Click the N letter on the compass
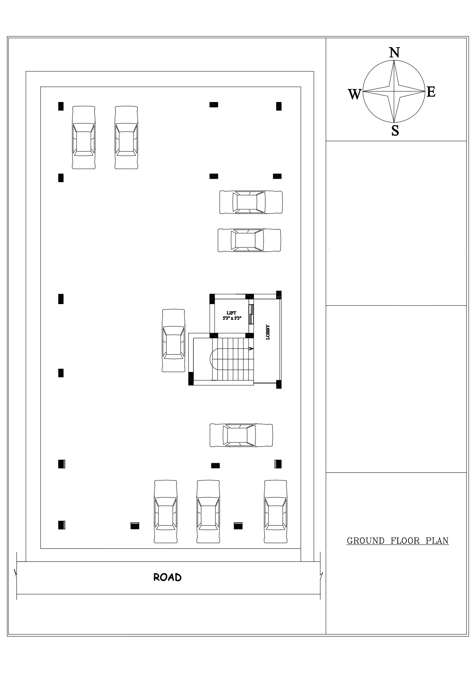click(x=395, y=53)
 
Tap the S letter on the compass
click(x=395, y=131)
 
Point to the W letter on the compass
click(x=355, y=94)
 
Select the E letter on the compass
click(x=431, y=92)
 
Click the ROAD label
click(x=167, y=578)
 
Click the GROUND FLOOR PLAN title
click(x=397, y=541)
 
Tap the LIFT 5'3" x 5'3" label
click(x=232, y=316)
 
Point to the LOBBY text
click(x=268, y=332)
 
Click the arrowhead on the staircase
click(x=251, y=349)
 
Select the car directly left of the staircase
click(x=173, y=341)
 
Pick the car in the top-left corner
click(x=84, y=138)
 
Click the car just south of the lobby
click(x=241, y=435)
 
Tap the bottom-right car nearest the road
click(x=275, y=512)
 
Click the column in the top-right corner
click(x=279, y=106)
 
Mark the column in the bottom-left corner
click(x=61, y=525)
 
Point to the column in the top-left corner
click(x=61, y=106)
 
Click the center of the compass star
click(x=395, y=92)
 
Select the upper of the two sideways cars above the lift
click(x=251, y=202)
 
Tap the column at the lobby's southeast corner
click(x=279, y=383)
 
